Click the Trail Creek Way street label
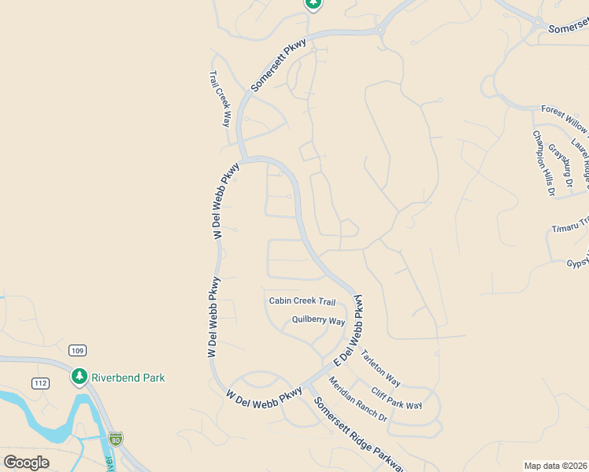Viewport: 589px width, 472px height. (220, 100)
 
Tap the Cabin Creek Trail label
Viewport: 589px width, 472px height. (302, 301)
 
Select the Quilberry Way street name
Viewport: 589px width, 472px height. (318, 321)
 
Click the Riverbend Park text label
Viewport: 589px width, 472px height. (128, 378)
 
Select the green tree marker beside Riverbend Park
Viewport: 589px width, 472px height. (79, 378)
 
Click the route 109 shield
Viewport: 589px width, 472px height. (76, 350)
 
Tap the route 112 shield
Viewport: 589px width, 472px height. (41, 383)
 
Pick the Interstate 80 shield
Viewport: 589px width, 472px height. (116, 438)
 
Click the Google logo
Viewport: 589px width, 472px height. (27, 463)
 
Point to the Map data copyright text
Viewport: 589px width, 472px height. (555, 466)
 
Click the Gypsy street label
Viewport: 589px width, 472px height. (577, 263)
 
